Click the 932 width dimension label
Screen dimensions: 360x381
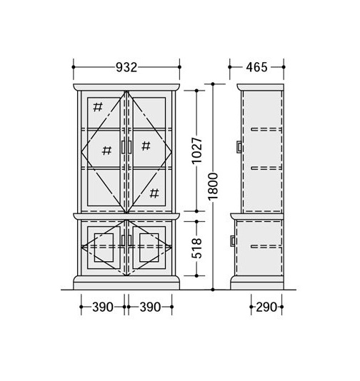pos(126,67)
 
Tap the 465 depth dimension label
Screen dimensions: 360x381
pos(256,67)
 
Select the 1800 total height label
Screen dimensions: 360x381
pos(213,186)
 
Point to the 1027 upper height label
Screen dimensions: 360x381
pos(196,151)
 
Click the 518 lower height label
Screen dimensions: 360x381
pos(196,248)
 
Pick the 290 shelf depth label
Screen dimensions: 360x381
pos(266,307)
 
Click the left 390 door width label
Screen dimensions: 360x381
pos(103,307)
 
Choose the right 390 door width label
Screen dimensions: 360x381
pos(150,307)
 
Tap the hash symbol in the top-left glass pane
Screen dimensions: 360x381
pos(98,107)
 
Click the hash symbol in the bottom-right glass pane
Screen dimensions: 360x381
pos(154,193)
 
